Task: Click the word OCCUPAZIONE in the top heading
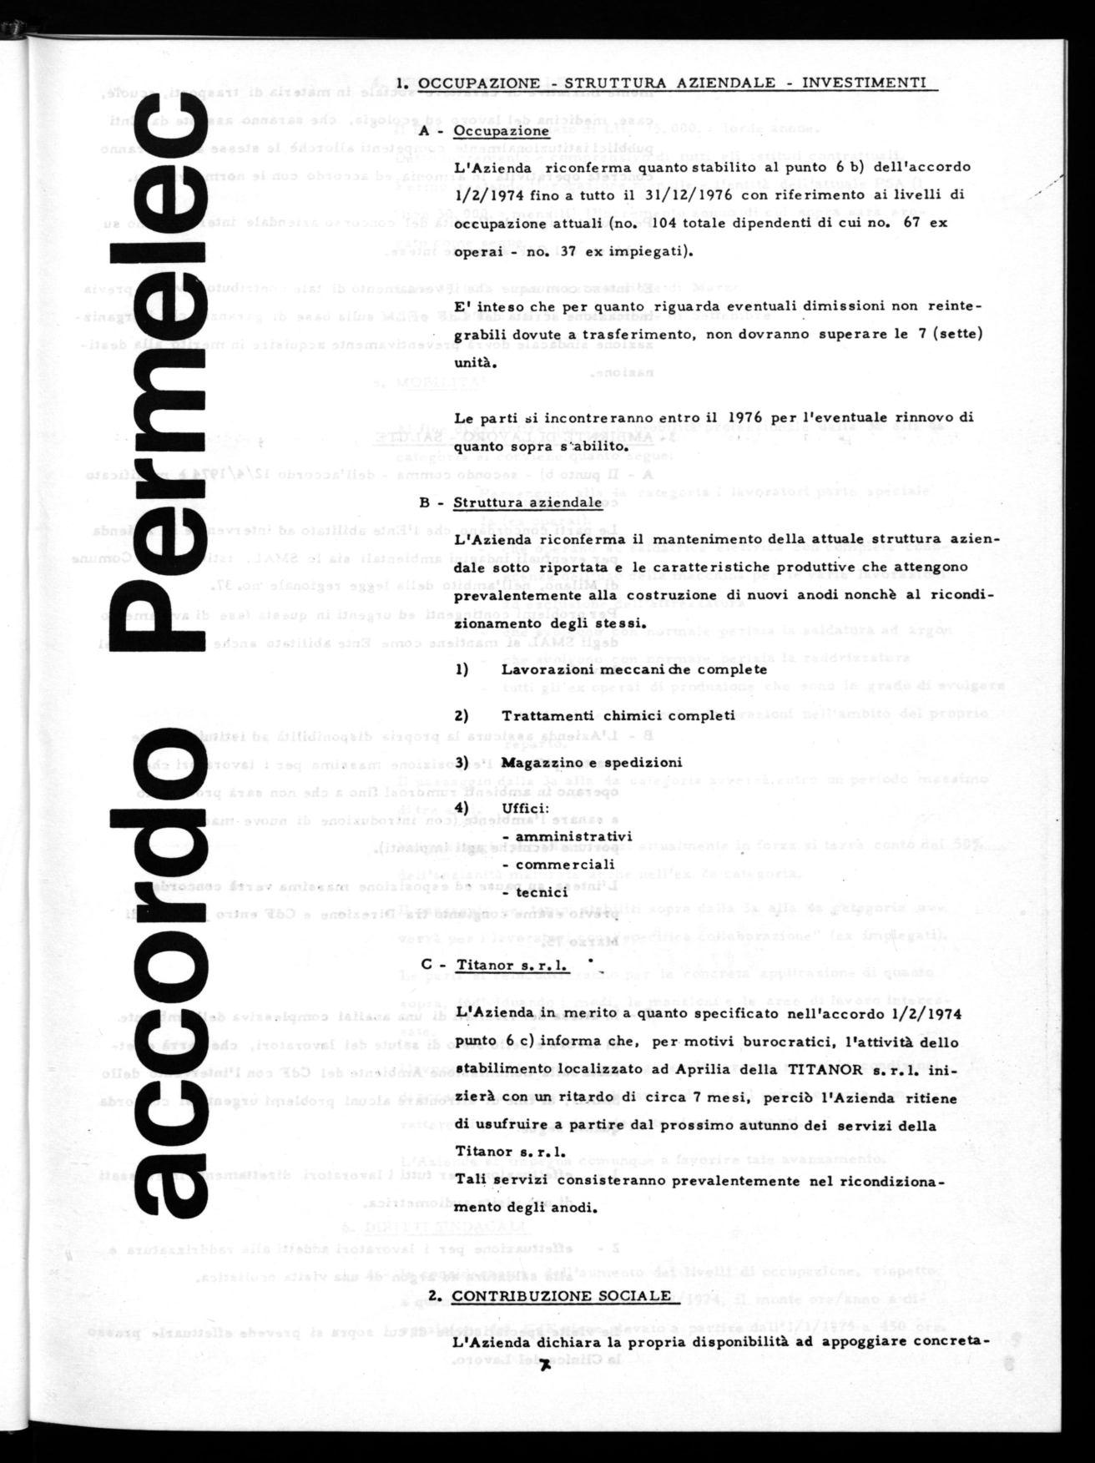[x=479, y=83]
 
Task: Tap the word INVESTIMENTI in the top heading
[x=864, y=83]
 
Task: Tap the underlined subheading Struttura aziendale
[x=527, y=502]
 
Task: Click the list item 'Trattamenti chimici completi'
[x=618, y=715]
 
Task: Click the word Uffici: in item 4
[x=525, y=809]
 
